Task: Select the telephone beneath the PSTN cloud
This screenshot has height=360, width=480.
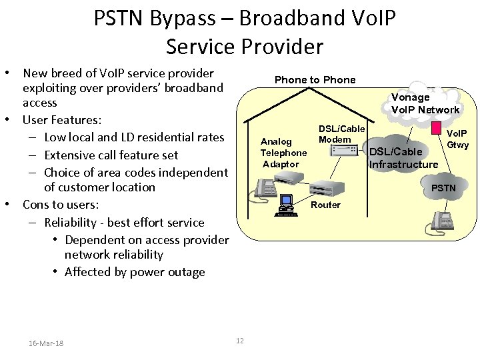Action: coord(441,221)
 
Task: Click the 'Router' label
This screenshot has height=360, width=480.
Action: coord(325,205)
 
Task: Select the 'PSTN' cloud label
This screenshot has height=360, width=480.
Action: coord(443,188)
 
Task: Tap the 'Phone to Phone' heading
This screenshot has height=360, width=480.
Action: coord(315,80)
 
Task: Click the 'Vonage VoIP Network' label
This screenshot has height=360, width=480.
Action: coord(425,103)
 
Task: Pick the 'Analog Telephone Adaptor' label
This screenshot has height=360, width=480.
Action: coord(283,153)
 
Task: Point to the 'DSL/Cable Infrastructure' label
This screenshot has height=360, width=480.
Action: coord(403,158)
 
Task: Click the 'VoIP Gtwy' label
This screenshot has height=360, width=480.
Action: coord(457,139)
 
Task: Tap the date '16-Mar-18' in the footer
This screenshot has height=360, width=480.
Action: coord(46,343)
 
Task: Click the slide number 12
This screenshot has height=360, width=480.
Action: coord(240,341)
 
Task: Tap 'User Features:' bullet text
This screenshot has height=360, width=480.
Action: coord(62,120)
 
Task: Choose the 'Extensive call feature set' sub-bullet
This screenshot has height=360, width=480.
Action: coord(111,155)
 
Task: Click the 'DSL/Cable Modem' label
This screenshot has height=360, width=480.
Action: coord(341,134)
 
